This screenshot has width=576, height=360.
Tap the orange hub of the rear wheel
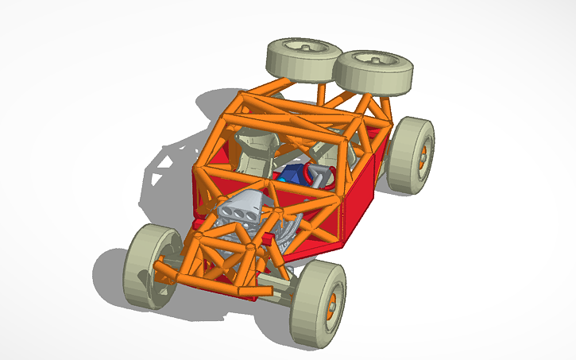click(423, 155)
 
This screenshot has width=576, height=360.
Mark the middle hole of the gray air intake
click(239, 211)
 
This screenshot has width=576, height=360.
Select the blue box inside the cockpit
click(291, 176)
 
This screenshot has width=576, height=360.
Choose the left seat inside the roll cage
click(256, 151)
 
